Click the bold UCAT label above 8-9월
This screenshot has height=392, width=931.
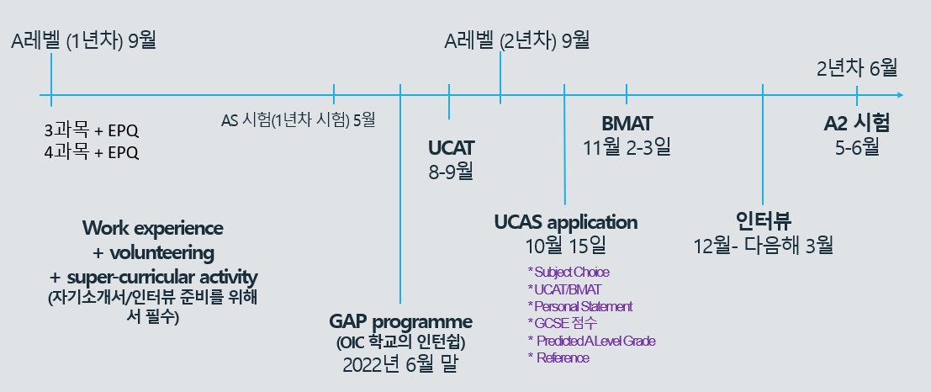452,148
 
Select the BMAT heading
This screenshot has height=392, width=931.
627,124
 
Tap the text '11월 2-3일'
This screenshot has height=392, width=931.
627,146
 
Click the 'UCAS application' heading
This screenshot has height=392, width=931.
566,223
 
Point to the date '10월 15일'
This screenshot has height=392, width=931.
566,246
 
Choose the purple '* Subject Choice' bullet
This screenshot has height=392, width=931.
569,272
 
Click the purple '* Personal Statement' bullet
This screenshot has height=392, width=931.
580,306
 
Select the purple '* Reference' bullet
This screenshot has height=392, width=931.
558,358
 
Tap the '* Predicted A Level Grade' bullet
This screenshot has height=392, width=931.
591,341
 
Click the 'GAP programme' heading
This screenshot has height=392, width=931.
401,322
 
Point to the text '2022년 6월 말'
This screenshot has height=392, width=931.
401,364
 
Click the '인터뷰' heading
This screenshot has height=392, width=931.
763,221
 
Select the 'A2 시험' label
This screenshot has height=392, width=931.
857,124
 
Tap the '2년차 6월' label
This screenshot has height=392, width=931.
857,68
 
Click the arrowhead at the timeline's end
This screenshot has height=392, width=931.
901,95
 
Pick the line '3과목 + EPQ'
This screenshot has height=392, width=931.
92,130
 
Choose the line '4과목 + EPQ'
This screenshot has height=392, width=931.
92,152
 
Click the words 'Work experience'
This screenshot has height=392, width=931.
153,228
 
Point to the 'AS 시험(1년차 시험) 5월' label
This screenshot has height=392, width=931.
298,120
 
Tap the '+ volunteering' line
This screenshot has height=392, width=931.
153,253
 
